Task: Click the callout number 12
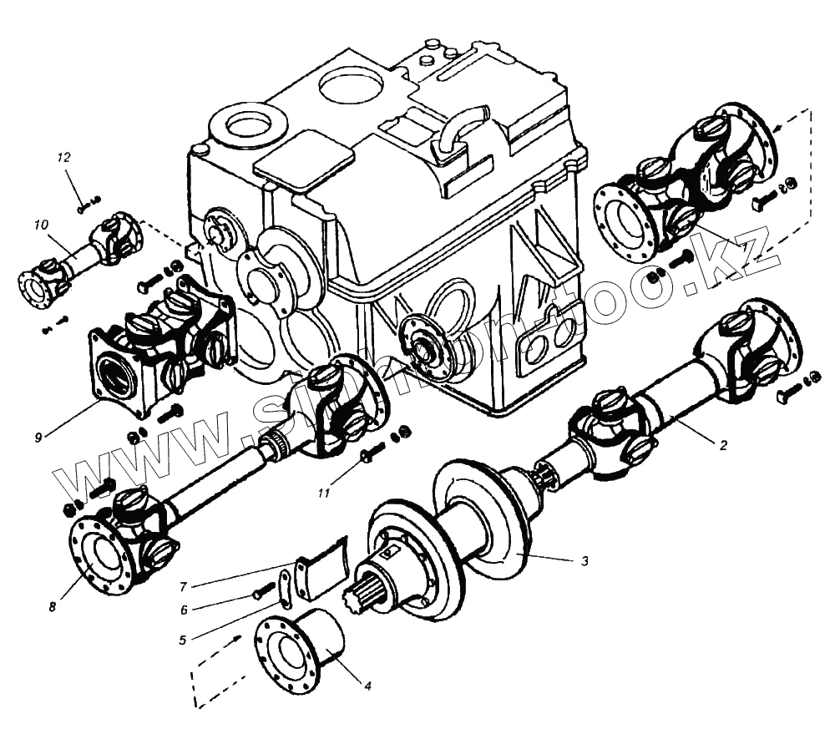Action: (64, 157)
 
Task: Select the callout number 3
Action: (584, 561)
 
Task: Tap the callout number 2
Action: (723, 446)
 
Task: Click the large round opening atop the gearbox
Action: (351, 83)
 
